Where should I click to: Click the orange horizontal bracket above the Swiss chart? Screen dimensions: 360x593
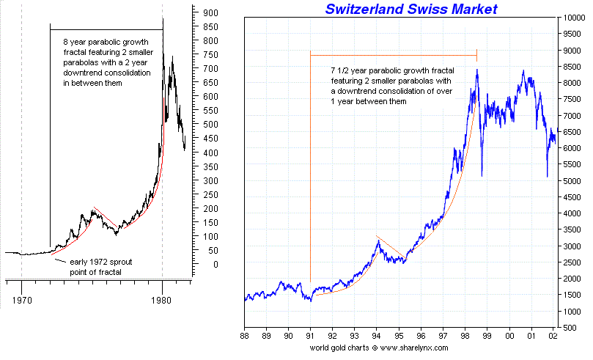(394, 55)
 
